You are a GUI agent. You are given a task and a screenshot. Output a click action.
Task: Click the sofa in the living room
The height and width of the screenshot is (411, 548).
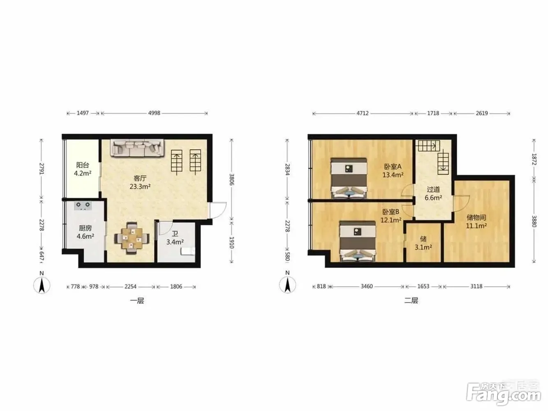pos(138,148)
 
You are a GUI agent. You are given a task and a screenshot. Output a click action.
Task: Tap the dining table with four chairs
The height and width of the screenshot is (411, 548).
pos(132,238)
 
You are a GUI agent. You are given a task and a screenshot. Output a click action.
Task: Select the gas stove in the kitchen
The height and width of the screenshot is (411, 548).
pos(83,205)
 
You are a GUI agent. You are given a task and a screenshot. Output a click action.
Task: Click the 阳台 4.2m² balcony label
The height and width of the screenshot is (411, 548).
pos(83,169)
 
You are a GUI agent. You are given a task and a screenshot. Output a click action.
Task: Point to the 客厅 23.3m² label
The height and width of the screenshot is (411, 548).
pos(140,182)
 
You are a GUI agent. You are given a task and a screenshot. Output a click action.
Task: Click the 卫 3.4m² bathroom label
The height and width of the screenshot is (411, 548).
pos(175,238)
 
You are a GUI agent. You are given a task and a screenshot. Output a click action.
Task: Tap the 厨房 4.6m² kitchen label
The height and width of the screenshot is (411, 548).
pos(85,232)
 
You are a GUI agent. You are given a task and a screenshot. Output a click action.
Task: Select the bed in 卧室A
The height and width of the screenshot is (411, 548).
pos(349,178)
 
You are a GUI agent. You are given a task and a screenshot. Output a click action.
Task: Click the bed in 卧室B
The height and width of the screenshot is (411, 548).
pos(358,241)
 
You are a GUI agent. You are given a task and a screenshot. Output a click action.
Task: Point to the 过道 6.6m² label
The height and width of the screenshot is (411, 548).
pos(433,194)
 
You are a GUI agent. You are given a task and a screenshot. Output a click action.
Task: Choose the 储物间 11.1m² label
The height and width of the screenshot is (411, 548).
pos(476,222)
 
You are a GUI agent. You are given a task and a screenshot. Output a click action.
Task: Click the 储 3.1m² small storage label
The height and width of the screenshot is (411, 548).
pos(423,243)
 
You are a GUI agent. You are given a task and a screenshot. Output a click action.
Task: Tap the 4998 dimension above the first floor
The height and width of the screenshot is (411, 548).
pos(154,113)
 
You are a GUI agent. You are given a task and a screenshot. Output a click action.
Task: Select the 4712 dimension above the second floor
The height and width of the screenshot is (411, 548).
pos(362,113)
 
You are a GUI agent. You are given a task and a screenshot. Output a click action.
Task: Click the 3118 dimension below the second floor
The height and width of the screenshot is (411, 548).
pos(476,286)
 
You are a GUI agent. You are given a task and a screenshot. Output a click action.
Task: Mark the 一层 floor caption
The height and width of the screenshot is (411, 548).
pos(137,300)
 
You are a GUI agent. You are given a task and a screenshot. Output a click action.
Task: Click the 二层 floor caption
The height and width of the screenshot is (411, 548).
pos(411,300)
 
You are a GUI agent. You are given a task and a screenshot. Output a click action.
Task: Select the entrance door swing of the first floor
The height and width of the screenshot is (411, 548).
pos(218,210)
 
